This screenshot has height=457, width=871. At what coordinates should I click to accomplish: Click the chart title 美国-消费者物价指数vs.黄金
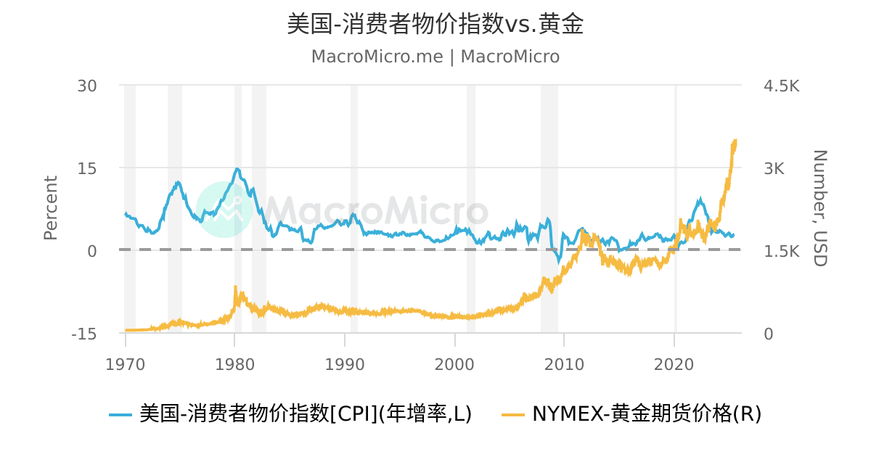(x=435, y=25)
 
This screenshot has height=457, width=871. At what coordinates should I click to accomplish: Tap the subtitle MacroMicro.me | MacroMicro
(x=435, y=57)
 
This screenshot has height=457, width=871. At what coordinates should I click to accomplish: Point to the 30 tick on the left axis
(x=87, y=86)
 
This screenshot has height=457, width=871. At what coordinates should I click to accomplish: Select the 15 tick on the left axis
(x=87, y=168)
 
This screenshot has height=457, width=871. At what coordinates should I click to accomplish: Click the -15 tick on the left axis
(x=84, y=334)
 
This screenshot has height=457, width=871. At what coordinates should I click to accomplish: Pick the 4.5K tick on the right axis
(x=781, y=86)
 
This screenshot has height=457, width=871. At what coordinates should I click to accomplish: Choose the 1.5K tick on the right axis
(x=781, y=251)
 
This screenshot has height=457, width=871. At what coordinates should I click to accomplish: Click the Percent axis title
(x=50, y=208)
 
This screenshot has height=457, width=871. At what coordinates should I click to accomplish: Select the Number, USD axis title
(x=819, y=208)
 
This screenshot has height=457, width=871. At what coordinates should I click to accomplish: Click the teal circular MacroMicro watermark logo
(x=224, y=209)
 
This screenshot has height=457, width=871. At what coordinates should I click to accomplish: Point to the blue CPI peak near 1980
(x=237, y=169)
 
